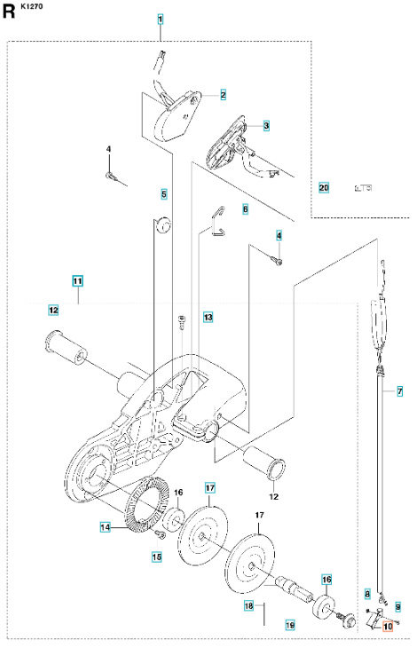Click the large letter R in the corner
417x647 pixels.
10,12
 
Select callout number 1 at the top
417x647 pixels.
161,20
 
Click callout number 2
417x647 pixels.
223,95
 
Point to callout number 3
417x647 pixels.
266,127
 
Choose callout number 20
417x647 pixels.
324,187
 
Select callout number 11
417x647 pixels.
78,281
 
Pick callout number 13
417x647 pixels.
208,317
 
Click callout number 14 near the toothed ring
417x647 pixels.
105,527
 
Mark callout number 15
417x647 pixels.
157,556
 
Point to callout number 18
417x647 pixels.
249,605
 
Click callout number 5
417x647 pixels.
164,193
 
